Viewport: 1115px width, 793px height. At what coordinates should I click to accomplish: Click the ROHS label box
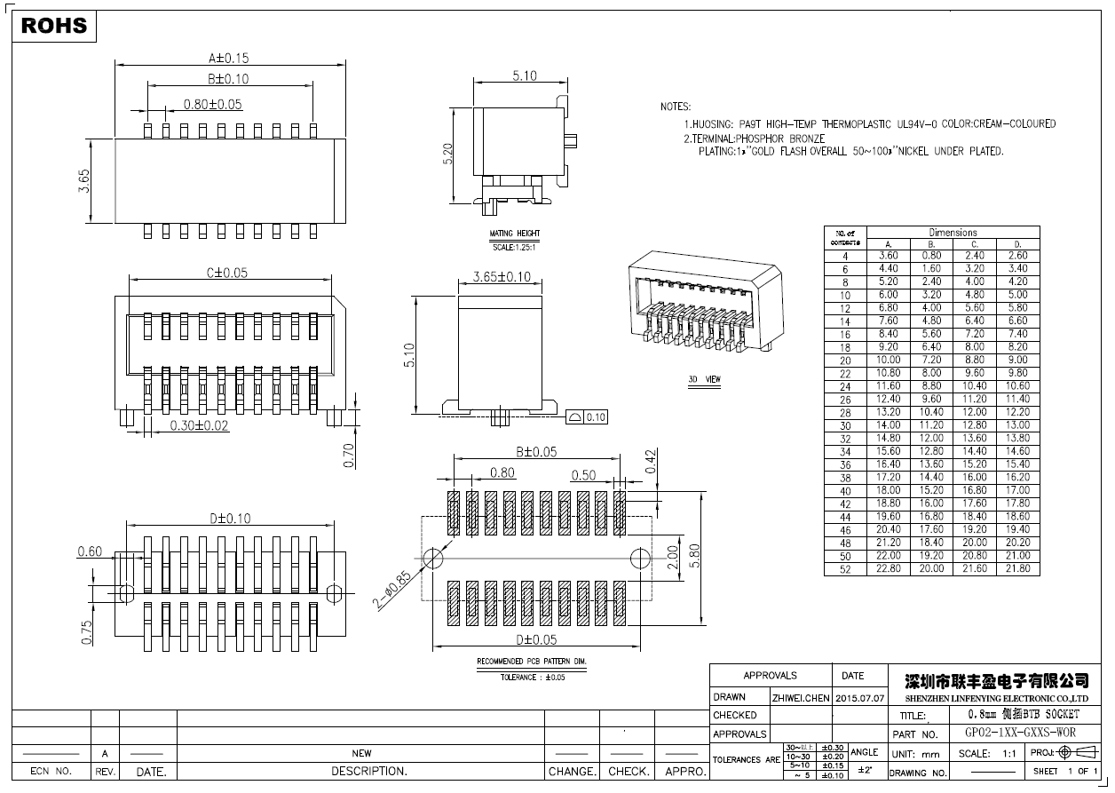point(54,26)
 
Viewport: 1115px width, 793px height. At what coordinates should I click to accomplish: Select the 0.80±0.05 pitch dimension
point(212,104)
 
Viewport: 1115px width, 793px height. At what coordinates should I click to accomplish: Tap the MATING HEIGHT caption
point(515,233)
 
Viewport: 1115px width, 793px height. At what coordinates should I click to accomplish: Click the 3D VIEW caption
point(705,379)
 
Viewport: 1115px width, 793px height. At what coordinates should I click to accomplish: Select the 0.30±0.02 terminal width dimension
point(199,426)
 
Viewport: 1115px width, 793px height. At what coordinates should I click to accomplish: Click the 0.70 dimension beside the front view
point(349,455)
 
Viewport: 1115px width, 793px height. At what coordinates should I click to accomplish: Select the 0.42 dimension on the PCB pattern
point(652,462)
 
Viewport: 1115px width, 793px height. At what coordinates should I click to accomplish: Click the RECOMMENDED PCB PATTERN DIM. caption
point(532,662)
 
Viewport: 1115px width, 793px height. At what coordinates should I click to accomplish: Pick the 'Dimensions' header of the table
point(953,233)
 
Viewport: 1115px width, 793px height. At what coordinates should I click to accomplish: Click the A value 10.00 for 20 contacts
point(888,360)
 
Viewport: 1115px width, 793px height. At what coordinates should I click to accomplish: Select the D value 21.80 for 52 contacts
point(1017,568)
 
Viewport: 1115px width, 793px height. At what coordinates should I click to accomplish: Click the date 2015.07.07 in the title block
point(860,697)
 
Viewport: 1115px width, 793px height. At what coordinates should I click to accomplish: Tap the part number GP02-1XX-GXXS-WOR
point(1019,734)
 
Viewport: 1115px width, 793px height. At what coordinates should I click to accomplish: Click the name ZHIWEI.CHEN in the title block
point(801,697)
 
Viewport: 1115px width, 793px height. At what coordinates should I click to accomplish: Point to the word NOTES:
point(676,107)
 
